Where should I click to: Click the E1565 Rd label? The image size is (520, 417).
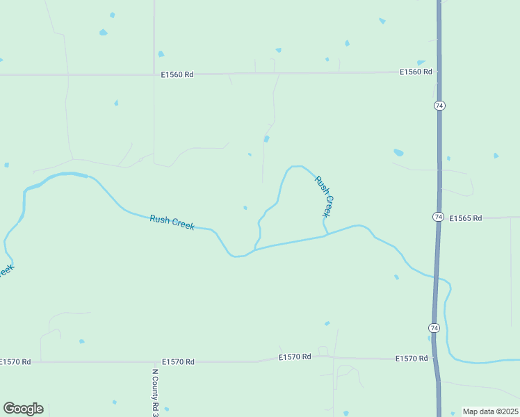pyautogui.click(x=466, y=218)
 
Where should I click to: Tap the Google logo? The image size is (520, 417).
pyautogui.click(x=23, y=409)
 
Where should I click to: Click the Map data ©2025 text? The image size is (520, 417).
pyautogui.click(x=489, y=411)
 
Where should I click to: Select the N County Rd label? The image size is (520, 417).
pyautogui.click(x=156, y=391)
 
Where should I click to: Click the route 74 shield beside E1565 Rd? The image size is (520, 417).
pyautogui.click(x=437, y=217)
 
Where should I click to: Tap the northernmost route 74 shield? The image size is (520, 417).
pyautogui.click(x=439, y=105)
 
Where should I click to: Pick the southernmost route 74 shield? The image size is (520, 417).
pyautogui.click(x=433, y=327)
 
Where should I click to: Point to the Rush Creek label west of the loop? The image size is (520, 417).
pyautogui.click(x=172, y=222)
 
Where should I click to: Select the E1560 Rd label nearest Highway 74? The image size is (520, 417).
pyautogui.click(x=416, y=72)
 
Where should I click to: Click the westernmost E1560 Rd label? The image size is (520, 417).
pyautogui.click(x=177, y=74)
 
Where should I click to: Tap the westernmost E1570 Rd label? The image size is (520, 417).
pyautogui.click(x=15, y=361)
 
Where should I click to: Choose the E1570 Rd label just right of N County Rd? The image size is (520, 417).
pyautogui.click(x=178, y=361)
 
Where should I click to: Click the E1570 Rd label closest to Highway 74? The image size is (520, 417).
pyautogui.click(x=412, y=359)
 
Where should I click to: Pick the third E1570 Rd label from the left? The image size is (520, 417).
pyautogui.click(x=295, y=357)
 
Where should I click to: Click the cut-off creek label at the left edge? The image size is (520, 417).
pyautogui.click(x=6, y=270)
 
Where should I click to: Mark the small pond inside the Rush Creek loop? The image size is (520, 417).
pyautogui.click(x=245, y=207)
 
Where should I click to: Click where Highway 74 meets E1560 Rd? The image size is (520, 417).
pyautogui.click(x=439, y=72)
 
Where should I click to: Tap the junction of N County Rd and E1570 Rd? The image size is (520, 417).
pyautogui.click(x=154, y=361)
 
